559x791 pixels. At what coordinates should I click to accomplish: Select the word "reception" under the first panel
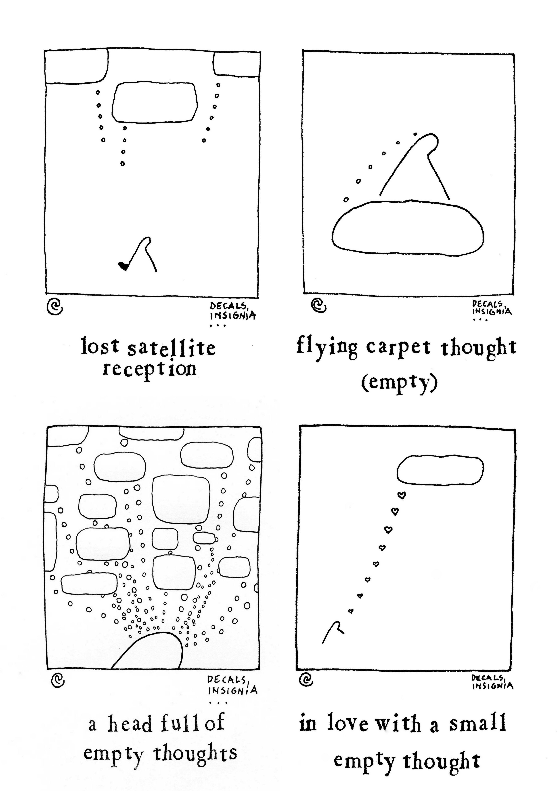click(x=150, y=369)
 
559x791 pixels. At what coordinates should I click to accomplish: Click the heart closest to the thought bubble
click(x=402, y=495)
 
